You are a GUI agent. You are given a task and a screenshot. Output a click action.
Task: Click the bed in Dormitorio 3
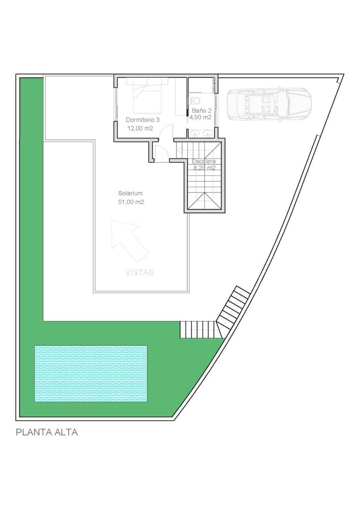click(147, 96)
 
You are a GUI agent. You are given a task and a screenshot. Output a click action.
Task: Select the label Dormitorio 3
click(143, 119)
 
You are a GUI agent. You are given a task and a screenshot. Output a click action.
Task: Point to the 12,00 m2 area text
click(140, 128)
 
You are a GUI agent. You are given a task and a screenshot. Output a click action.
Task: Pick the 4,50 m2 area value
click(200, 117)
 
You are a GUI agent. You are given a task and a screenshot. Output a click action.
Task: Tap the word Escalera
click(204, 161)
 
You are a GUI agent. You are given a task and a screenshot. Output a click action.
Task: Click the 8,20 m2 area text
click(204, 168)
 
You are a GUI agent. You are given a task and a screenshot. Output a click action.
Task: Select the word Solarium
click(130, 193)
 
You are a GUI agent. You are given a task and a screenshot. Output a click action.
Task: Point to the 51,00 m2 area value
click(131, 202)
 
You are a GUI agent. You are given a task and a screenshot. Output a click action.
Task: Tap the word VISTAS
click(139, 272)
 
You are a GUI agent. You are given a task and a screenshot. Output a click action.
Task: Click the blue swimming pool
click(91, 374)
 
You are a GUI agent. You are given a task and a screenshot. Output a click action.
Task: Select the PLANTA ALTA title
click(47, 433)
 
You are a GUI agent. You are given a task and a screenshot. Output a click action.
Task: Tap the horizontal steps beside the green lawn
click(198, 329)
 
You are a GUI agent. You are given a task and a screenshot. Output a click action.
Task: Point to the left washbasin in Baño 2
click(196, 133)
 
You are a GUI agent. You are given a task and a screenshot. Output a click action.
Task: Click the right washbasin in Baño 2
click(208, 133)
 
